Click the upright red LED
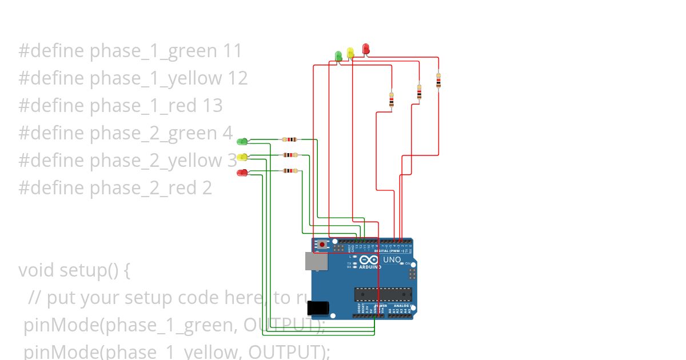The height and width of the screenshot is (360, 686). pos(366,49)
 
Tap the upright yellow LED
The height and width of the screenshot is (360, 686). pos(350,53)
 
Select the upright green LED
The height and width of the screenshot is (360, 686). pos(338,55)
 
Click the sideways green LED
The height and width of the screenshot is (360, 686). pos(242,141)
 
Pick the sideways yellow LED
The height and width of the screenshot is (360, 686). pos(242,157)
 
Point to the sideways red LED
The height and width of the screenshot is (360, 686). pos(242,173)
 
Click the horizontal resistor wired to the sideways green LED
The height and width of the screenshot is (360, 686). pos(290,139)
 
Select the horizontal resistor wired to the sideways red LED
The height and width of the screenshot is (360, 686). pos(291,170)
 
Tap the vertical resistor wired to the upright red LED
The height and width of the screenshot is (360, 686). pos(438,80)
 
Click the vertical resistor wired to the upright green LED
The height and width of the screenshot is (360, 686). pos(391,100)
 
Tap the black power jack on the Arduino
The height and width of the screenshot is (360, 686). pos(318,308)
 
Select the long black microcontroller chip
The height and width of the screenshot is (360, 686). pos(382,294)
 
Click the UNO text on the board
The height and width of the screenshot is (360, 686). pos(392,260)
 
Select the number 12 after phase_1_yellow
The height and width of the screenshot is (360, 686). pos(237,78)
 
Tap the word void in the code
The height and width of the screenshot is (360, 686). pos(36,270)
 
